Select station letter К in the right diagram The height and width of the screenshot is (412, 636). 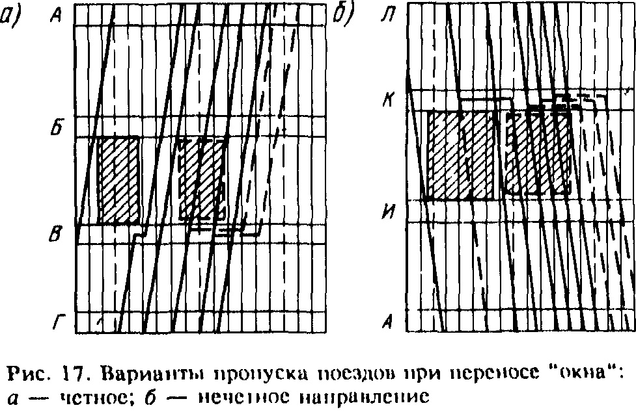coord(388,102)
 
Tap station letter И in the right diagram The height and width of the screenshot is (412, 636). coord(388,212)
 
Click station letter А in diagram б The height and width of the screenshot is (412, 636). coord(389,320)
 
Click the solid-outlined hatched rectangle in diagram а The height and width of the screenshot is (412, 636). coord(118,180)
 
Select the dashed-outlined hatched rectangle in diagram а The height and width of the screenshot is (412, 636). coord(202,179)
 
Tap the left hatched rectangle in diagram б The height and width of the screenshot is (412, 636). coord(461,155)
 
